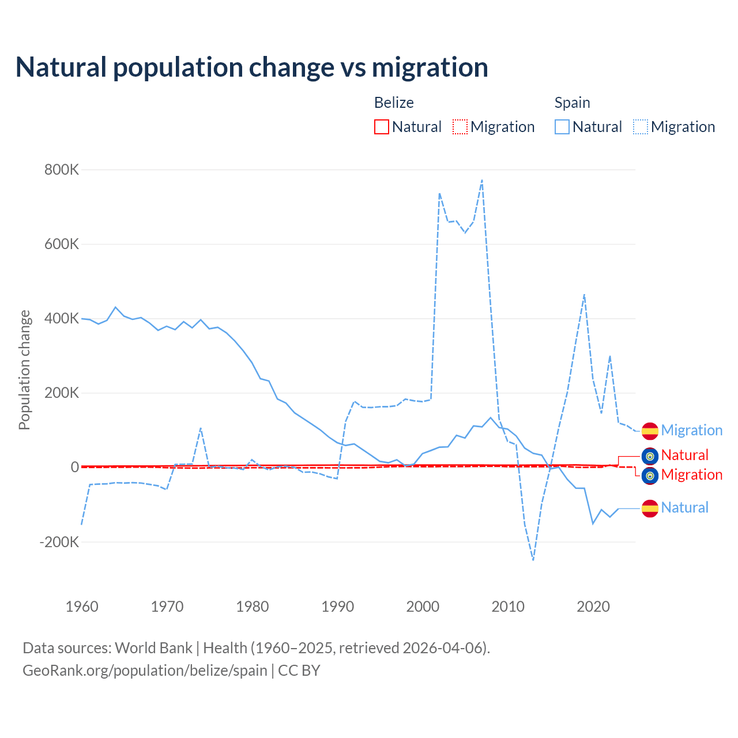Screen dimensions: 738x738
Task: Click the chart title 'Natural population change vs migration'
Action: pos(252,67)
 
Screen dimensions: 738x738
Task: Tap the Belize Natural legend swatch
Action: pos(381,127)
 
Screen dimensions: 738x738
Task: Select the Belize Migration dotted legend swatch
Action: pos(460,127)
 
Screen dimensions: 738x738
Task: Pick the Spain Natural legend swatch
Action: pos(562,127)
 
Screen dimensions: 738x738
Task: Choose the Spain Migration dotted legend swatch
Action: pos(641,127)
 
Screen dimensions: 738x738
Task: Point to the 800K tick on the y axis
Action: pos(62,170)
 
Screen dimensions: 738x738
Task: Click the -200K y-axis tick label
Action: pos(59,542)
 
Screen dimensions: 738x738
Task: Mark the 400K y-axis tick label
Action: pos(62,318)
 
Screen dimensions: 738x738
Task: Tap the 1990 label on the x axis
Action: pos(337,607)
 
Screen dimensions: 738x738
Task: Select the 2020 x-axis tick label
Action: pos(593,607)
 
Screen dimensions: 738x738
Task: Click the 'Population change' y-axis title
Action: pos(24,370)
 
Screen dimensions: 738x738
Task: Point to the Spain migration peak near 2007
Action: pos(482,180)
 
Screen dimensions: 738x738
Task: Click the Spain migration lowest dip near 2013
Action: pos(533,559)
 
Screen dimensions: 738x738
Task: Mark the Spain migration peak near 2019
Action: pos(585,295)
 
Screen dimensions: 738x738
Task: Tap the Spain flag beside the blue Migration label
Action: pos(650,431)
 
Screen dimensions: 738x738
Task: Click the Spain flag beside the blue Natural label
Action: pos(650,508)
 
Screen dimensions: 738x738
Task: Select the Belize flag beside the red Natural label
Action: pos(650,456)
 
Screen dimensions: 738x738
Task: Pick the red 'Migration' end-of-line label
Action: pos(691,475)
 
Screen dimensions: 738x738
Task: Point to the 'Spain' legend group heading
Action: pos(572,103)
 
